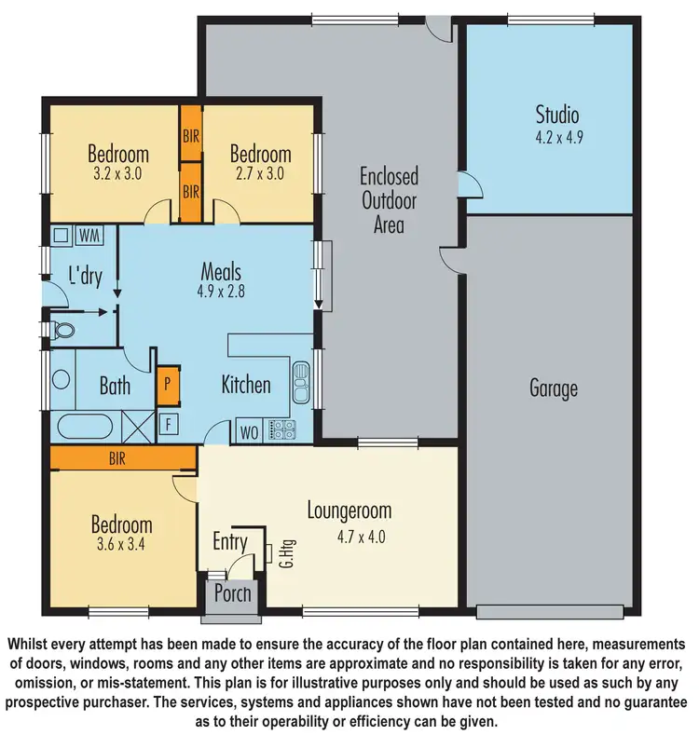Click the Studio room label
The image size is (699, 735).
point(556,116)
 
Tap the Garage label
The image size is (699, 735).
point(554,388)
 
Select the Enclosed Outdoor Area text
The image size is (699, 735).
point(389,199)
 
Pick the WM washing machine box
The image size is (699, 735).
point(90,234)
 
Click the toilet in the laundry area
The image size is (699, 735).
point(63,331)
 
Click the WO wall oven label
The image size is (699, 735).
point(250,430)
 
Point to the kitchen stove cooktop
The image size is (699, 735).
point(281,429)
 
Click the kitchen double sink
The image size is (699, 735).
point(301,378)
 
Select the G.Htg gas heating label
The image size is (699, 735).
point(281,556)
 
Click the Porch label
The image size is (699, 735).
point(232,592)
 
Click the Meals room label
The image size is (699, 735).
point(221,272)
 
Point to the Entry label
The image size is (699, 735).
point(230,542)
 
